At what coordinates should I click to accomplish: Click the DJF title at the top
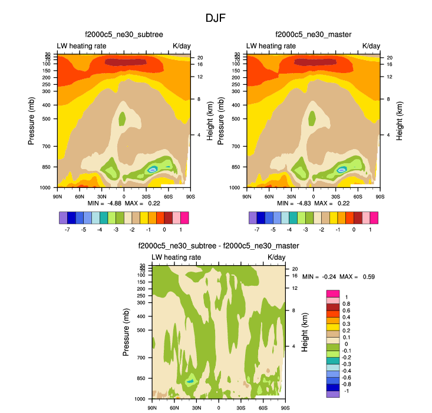(216, 18)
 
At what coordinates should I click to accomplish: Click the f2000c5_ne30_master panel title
(314, 35)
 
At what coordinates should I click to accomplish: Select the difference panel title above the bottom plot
(219, 246)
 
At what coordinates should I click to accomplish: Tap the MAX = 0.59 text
(359, 276)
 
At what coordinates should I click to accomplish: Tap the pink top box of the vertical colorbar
(333, 293)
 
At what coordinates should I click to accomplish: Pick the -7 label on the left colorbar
(69, 228)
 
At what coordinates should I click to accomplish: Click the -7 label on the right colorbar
(258, 228)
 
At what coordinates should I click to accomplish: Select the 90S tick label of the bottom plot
(285, 408)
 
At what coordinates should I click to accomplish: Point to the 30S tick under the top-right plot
(335, 196)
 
